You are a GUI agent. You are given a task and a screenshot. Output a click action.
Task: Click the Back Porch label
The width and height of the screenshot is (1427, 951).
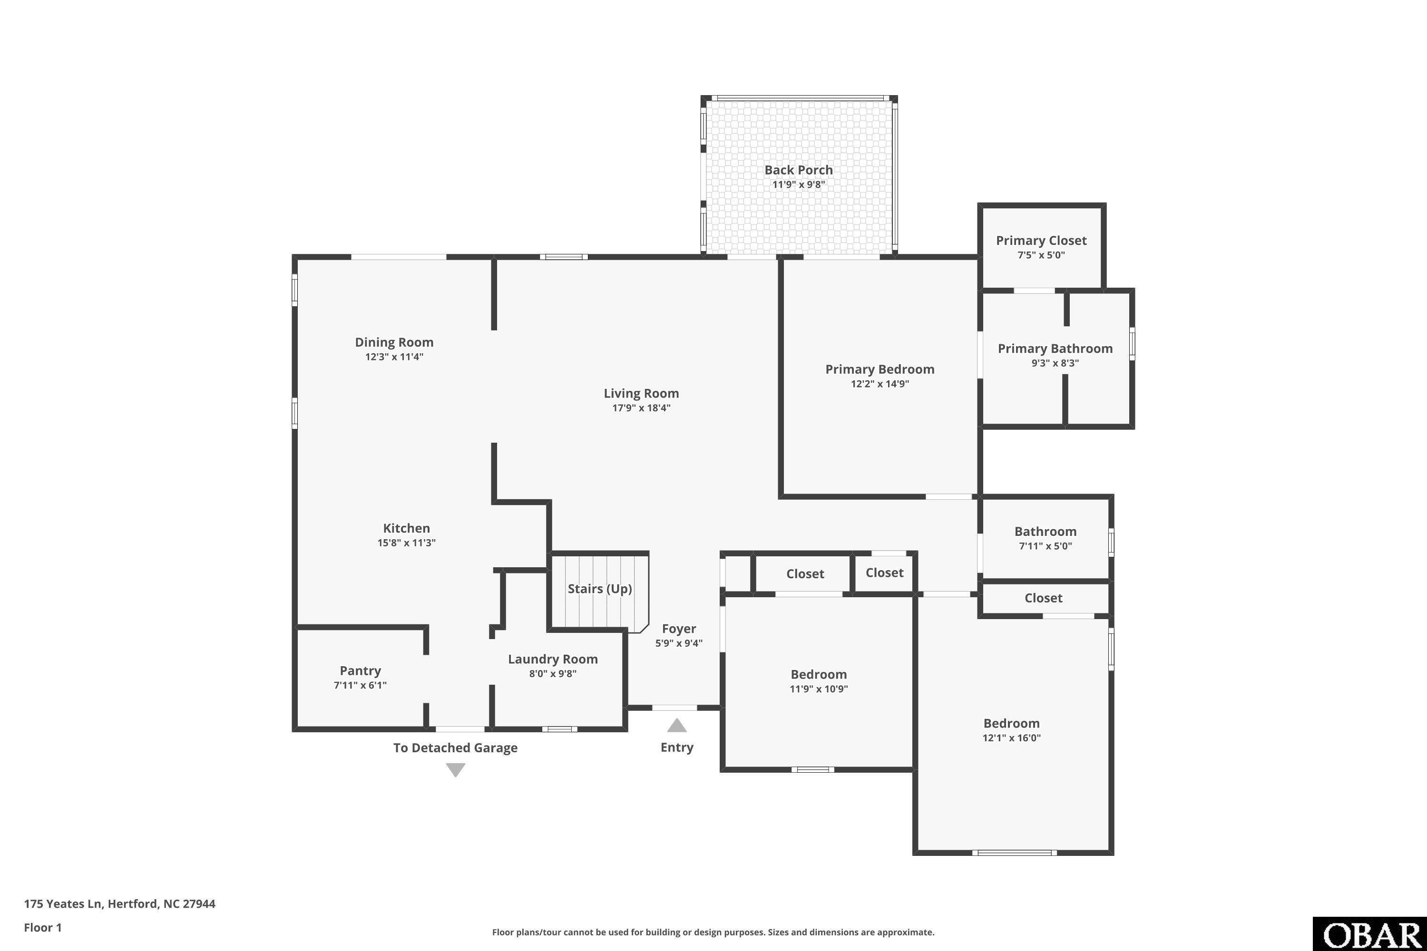pyautogui.click(x=799, y=170)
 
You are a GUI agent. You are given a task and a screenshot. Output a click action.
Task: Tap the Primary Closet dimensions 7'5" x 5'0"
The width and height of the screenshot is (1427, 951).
pyautogui.click(x=1041, y=255)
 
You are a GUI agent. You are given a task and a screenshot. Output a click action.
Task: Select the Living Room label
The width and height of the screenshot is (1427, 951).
pyautogui.click(x=641, y=394)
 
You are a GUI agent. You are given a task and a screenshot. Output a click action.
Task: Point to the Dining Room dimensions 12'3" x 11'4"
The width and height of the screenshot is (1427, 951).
pyautogui.click(x=394, y=357)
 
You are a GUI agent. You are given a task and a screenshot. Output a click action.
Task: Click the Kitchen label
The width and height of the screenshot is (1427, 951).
pyautogui.click(x=407, y=528)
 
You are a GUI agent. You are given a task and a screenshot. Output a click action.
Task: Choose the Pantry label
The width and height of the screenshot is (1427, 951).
pyautogui.click(x=361, y=671)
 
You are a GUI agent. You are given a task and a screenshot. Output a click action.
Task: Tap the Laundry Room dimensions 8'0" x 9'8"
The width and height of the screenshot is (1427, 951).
pyautogui.click(x=553, y=674)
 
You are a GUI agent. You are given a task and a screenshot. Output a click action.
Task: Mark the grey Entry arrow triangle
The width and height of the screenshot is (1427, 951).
pyautogui.click(x=677, y=726)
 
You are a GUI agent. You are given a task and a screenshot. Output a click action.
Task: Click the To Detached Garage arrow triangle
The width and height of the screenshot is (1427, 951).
pyautogui.click(x=456, y=770)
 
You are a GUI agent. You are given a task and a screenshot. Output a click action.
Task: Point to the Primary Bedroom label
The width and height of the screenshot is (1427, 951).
pyautogui.click(x=880, y=369)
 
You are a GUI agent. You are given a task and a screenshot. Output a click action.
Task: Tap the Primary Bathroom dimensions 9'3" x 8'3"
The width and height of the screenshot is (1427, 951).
pyautogui.click(x=1055, y=363)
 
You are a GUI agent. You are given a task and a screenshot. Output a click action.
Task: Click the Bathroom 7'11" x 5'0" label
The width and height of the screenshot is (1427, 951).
pyautogui.click(x=1046, y=538)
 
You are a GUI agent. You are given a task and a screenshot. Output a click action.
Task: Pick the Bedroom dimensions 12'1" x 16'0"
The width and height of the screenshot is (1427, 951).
pyautogui.click(x=1011, y=738)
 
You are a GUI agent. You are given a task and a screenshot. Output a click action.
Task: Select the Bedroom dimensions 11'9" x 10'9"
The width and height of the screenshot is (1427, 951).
pyautogui.click(x=819, y=689)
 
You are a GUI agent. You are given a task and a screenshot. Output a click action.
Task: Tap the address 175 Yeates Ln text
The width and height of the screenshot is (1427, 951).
pyautogui.click(x=62, y=904)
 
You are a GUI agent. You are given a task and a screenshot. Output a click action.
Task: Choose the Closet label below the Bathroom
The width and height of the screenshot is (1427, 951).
pyautogui.click(x=1044, y=598)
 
